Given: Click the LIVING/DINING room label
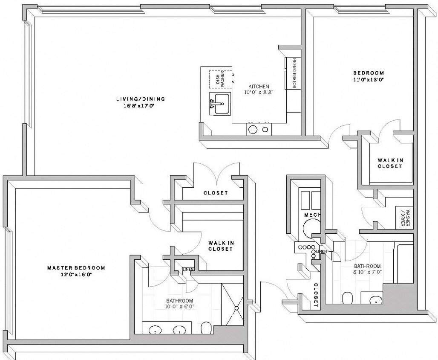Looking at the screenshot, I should pos(140,99).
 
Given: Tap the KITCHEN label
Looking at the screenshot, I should pos(259,86).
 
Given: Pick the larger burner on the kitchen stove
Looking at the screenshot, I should pos(253,129).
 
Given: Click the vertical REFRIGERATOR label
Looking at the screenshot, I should pos(294,73).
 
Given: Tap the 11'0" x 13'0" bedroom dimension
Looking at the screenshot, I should pos(369,79).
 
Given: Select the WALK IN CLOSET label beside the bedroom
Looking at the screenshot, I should pos(390,163).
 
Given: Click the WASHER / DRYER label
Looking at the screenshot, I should pos(407,218).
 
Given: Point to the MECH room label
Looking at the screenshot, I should pos(312,215).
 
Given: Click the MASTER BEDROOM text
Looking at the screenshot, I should pos(76,268).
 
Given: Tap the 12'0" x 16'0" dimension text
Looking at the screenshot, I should pos(76,275).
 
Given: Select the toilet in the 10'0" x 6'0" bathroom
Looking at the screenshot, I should pos(206,328).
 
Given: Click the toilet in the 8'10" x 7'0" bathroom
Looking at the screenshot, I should pos(348,297).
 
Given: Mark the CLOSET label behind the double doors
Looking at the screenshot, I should pos(215,193).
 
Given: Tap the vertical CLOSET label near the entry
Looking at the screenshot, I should pos(316,295).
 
